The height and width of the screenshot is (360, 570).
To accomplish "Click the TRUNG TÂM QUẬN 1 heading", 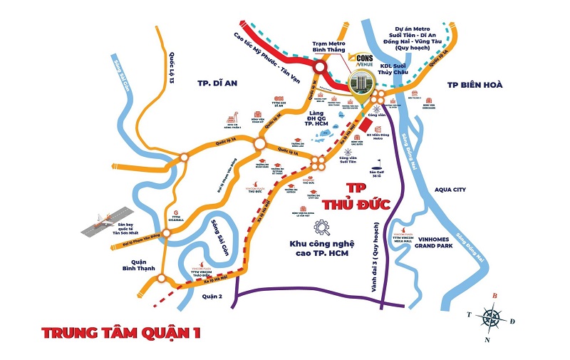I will pyautogui.click(x=122, y=332).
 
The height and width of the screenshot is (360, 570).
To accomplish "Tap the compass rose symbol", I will pyautogui.click(x=492, y=315).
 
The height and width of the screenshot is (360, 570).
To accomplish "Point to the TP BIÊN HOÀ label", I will pyautogui.click(x=475, y=84).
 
